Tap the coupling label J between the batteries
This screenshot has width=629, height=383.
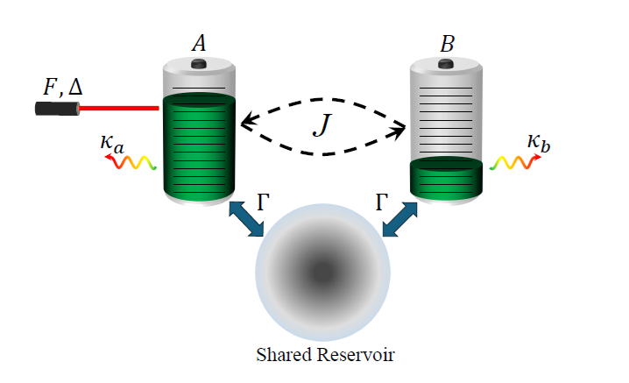pyautogui.click(x=323, y=127)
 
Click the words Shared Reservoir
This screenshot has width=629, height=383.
pyautogui.click(x=323, y=356)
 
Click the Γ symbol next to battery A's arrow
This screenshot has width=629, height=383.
pyautogui.click(x=263, y=203)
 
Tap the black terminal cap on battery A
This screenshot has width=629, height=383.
pyautogui.click(x=199, y=63)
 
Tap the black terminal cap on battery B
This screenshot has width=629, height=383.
pyautogui.click(x=447, y=63)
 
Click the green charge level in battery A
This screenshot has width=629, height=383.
pyautogui.click(x=199, y=145)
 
